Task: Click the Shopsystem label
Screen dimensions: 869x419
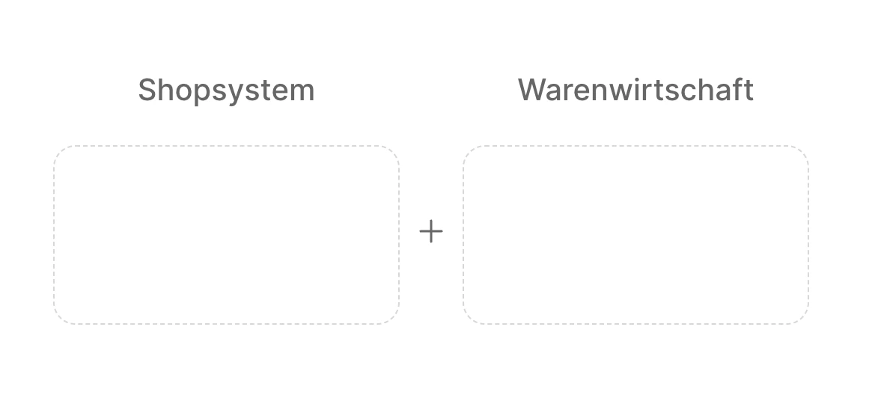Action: (226, 91)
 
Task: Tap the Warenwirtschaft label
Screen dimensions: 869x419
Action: (635, 89)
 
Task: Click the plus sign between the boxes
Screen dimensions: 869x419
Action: (431, 231)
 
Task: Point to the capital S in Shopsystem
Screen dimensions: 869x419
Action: (147, 90)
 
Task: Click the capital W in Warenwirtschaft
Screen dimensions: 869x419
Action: (531, 90)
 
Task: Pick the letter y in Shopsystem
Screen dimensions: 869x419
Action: (236, 94)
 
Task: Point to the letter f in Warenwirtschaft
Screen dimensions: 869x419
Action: (740, 89)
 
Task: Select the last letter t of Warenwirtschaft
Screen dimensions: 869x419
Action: (749, 91)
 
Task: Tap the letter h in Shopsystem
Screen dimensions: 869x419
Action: (165, 90)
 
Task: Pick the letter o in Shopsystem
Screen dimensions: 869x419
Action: (183, 93)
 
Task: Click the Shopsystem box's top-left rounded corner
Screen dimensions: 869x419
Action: (60, 152)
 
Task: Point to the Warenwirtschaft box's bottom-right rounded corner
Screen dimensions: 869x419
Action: (802, 318)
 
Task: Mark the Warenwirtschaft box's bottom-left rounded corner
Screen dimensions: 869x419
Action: (469, 318)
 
